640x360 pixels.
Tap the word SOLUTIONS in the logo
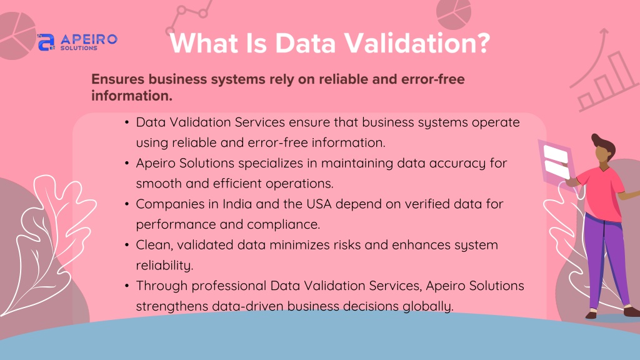point(79,47)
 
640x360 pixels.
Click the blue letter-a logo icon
point(46,42)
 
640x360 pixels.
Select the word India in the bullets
point(237,204)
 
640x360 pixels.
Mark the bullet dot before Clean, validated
point(127,245)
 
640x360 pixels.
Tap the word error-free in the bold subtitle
point(433,79)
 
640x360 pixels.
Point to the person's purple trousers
point(606,261)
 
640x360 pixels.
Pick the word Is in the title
point(256,42)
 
